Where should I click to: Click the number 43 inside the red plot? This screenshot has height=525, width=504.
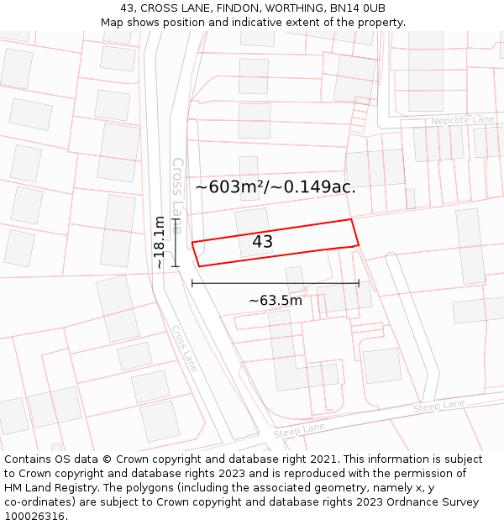coord(262,242)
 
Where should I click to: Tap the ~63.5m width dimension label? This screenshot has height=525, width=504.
coord(276,300)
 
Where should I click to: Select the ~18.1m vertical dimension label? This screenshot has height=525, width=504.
coord(160,242)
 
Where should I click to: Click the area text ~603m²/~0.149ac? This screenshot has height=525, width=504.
coord(276,186)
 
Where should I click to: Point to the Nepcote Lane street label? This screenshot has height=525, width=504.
coord(463,120)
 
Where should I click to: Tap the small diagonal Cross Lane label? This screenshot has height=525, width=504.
coord(185,348)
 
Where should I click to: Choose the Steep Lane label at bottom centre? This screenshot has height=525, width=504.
coord(299,430)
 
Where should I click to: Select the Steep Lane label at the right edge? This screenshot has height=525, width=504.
coord(438,406)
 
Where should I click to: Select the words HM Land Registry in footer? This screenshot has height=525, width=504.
coord(42,488)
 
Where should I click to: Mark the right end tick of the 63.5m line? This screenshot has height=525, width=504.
coord(359,283)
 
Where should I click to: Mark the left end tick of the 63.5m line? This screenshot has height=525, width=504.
coord(192,283)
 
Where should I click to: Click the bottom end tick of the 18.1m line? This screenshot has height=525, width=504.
coord(176,267)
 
